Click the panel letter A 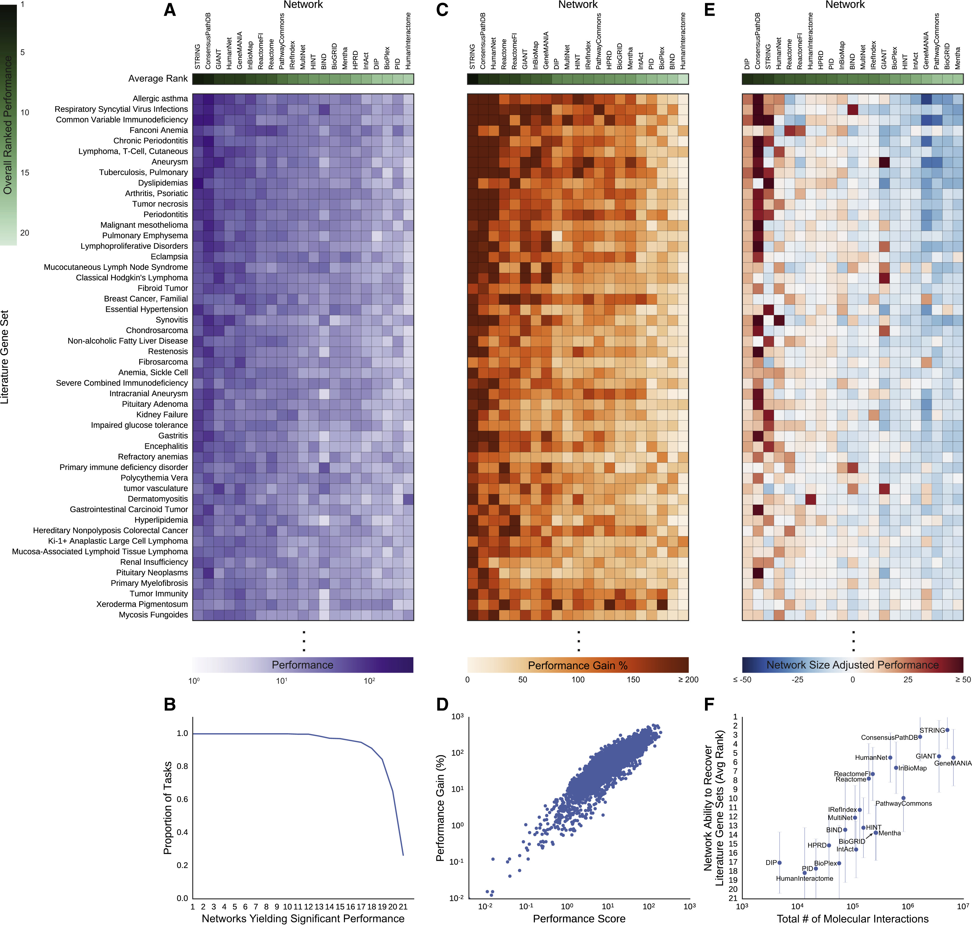click(x=170, y=10)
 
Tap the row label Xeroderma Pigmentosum click(x=142, y=604)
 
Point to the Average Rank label click(x=158, y=78)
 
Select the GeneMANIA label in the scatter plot click(x=953, y=763)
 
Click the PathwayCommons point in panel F click(x=903, y=798)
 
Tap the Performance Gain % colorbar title click(x=578, y=665)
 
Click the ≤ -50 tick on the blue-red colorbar click(x=742, y=680)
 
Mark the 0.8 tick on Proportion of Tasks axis click(x=183, y=766)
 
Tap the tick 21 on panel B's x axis click(x=403, y=907)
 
